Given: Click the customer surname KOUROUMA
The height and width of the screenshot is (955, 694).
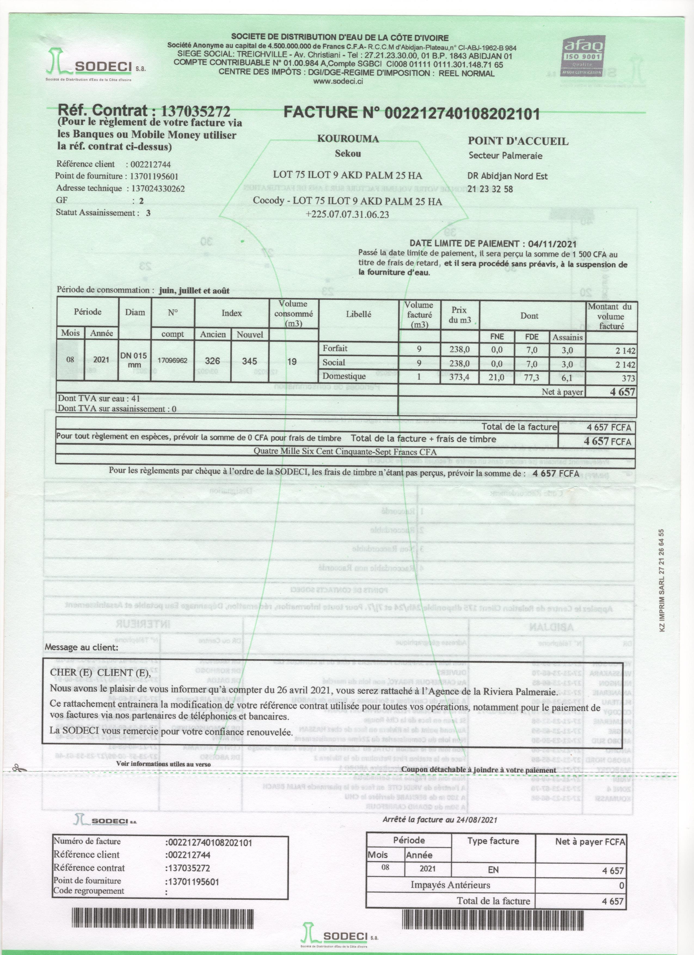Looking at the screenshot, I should [x=348, y=139].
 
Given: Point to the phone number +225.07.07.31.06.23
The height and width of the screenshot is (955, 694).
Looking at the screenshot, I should [x=348, y=214].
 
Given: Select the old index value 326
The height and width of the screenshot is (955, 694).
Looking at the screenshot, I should [x=213, y=361].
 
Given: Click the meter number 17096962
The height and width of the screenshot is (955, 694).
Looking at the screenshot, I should [x=172, y=361].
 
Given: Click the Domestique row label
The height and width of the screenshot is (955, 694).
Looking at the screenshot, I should [x=338, y=376].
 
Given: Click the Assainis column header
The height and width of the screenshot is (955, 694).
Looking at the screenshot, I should [x=568, y=337].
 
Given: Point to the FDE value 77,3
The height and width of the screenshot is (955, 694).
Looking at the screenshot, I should [x=532, y=377].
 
